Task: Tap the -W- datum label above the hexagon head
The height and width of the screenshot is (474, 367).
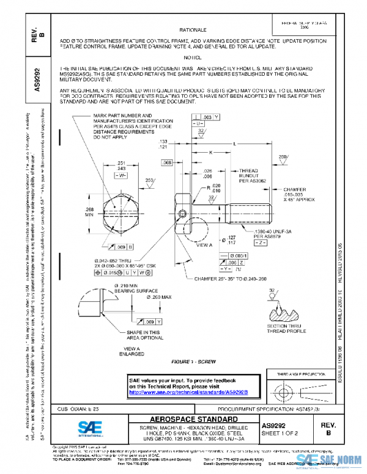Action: point(121,175)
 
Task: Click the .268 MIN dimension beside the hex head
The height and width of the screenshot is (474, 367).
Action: point(88,212)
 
